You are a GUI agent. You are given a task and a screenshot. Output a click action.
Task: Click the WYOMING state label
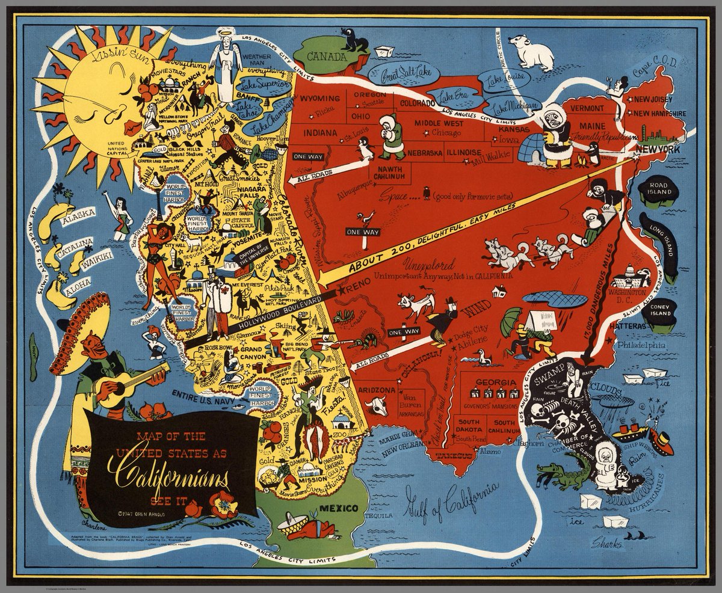point(321,98)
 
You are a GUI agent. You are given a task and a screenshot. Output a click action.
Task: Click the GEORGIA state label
point(495,383)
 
